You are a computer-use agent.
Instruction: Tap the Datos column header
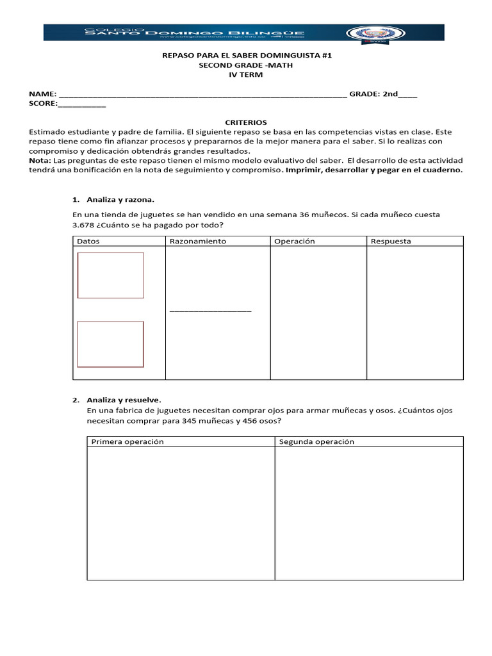click(88, 242)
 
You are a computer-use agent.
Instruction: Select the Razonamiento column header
click(197, 242)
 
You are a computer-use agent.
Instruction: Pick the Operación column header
click(295, 242)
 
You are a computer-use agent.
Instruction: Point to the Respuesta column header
click(391, 242)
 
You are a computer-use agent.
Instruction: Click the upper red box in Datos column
click(111, 275)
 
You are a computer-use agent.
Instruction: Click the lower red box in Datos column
click(111, 344)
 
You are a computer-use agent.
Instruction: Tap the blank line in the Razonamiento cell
click(210, 311)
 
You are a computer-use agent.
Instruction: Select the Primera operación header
click(127, 442)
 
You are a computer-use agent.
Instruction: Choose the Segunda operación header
click(317, 442)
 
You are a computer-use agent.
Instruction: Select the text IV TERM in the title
click(246, 75)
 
